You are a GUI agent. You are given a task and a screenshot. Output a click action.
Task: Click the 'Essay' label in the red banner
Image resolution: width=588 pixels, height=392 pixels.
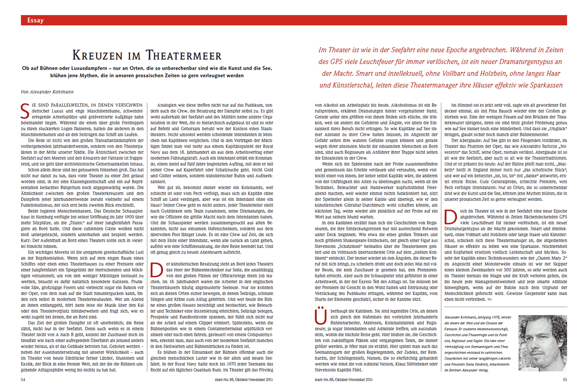click(35, 20)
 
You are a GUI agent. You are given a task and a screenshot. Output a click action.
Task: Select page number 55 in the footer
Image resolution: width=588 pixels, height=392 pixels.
click(564, 378)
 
